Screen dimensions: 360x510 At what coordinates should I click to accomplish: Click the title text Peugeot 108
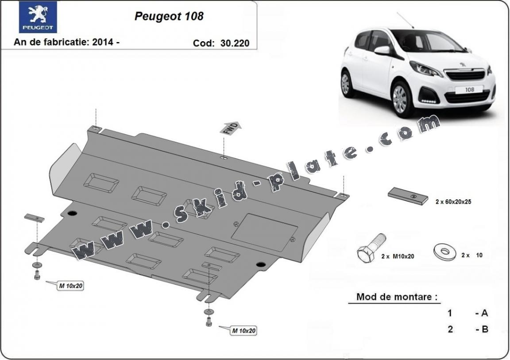pyautogui.click(x=169, y=16)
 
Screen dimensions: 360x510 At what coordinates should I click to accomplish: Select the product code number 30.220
pyautogui.click(x=233, y=43)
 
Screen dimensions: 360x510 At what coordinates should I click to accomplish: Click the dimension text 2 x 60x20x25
pyautogui.click(x=453, y=201)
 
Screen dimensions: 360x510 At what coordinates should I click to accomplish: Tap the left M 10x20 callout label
pyautogui.click(x=70, y=286)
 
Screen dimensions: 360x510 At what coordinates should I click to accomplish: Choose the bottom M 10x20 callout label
pyautogui.click(x=243, y=330)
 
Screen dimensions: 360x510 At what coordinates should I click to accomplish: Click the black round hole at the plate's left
pyautogui.click(x=72, y=213)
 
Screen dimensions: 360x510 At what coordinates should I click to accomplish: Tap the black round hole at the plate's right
pyautogui.click(x=260, y=264)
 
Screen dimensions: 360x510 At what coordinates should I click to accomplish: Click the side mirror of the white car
pyautogui.click(x=382, y=50)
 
